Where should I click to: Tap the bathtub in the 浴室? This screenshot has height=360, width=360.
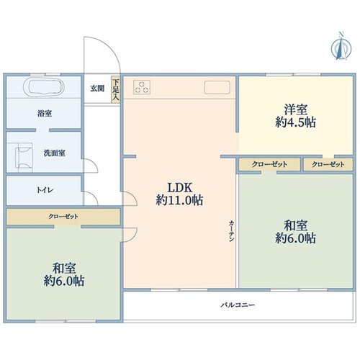point(44,87)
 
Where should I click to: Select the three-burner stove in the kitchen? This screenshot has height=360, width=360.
point(142,87)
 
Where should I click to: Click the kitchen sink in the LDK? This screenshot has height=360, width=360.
point(217,87)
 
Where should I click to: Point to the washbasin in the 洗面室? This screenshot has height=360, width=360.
point(24,158)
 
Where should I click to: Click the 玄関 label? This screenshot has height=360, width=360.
point(97,89)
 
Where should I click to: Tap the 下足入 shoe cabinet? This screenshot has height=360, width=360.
point(116,90)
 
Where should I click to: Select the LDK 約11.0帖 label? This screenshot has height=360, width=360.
point(179,194)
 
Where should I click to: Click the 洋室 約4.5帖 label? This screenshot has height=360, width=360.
point(295,116)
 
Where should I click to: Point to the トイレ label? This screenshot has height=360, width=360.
point(45,190)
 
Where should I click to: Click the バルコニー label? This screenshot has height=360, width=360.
point(238,305)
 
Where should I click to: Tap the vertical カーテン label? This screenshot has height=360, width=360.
point(231,231)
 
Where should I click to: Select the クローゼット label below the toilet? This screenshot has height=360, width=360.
point(63,217)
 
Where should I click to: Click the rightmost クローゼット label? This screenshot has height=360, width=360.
point(328,164)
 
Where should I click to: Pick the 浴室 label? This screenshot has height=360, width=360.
point(45,113)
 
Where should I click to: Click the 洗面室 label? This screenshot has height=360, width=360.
point(55,153)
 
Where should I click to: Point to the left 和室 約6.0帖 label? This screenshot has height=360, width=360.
point(64,274)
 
